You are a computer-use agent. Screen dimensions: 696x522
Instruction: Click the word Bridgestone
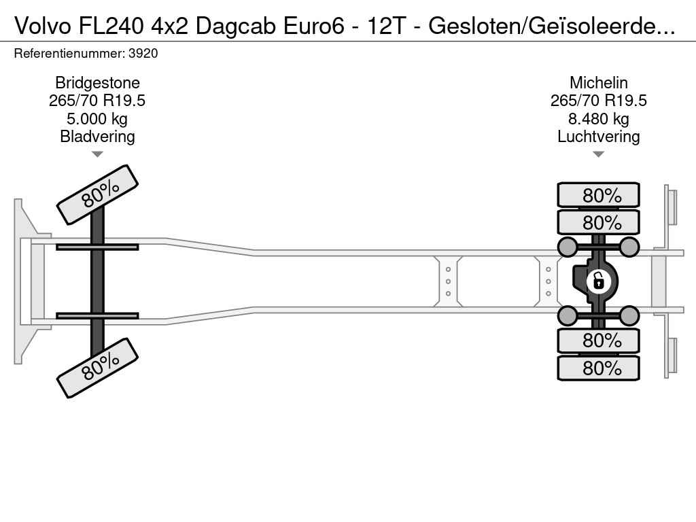[x=97, y=83]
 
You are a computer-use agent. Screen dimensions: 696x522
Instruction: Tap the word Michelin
[x=598, y=83]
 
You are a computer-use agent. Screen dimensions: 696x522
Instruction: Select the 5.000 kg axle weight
[x=97, y=119]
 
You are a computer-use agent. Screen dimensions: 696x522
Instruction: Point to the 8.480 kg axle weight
[x=598, y=119]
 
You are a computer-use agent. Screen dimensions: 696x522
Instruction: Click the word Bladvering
[x=97, y=136]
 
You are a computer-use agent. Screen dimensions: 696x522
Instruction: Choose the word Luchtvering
[x=598, y=136]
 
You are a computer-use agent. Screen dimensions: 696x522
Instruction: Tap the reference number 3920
[x=143, y=54]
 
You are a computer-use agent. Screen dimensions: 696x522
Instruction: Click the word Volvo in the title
[x=43, y=27]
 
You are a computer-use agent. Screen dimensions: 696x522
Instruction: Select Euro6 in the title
[x=314, y=27]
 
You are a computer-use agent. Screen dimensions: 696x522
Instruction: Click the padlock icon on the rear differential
[x=598, y=281]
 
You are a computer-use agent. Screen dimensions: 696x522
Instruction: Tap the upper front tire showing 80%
[x=98, y=194]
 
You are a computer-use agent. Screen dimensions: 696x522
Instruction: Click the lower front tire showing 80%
[x=98, y=368]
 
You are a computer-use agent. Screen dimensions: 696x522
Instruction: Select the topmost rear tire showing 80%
[x=598, y=195]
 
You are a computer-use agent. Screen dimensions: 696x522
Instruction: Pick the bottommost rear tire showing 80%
[x=598, y=368]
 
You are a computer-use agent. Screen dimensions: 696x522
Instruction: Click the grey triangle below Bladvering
[x=97, y=154]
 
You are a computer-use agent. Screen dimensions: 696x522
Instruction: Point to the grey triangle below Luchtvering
[x=598, y=154]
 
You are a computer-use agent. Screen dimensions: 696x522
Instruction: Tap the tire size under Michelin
[x=598, y=101]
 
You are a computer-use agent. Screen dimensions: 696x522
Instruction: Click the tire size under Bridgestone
[x=97, y=101]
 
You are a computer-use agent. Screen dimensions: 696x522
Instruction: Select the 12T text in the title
[x=386, y=27]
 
